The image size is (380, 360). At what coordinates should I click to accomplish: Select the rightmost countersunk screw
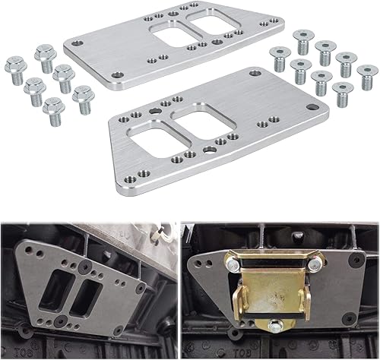(x=367, y=75)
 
